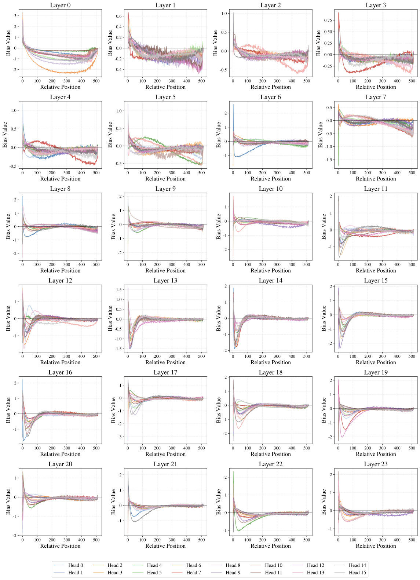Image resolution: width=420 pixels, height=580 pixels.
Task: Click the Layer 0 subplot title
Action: pos(60,5)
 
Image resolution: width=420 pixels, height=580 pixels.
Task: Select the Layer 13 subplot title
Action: pos(165,281)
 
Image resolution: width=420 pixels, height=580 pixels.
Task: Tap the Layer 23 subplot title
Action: pos(376,464)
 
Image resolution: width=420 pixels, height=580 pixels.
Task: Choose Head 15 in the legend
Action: pos(357,573)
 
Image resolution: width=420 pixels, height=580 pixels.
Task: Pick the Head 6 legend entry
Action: pos(194,565)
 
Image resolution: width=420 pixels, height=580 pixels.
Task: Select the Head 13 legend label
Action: pos(315,573)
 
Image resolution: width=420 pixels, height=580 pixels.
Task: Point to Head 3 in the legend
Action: pos(115,573)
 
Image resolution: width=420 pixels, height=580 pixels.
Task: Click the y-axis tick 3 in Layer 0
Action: pos(15,16)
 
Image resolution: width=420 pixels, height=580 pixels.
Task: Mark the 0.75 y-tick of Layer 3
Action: pos(328,20)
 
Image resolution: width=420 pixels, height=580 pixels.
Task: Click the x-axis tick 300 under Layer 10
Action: pos(277,265)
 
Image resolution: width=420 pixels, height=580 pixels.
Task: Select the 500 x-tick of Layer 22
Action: pos(307,540)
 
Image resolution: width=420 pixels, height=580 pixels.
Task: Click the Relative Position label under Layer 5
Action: pos(165,179)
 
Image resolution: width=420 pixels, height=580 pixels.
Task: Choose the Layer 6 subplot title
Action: pos(271,97)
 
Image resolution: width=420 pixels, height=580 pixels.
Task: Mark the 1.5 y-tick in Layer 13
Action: pos(118,290)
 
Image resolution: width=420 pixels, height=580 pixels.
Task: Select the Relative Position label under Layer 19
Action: pos(376,454)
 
